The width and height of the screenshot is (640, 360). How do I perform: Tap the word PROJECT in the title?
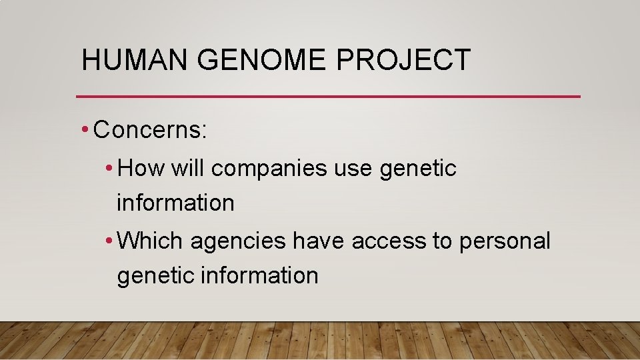point(403,60)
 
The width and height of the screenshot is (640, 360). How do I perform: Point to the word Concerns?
point(151,130)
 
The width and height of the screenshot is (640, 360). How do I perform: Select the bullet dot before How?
point(109,169)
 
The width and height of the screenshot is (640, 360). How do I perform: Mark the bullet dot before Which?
point(109,241)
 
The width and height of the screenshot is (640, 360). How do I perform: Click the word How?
point(141,169)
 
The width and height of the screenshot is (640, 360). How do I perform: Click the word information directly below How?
point(175,203)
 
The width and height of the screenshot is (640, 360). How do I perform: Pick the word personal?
point(505,241)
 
